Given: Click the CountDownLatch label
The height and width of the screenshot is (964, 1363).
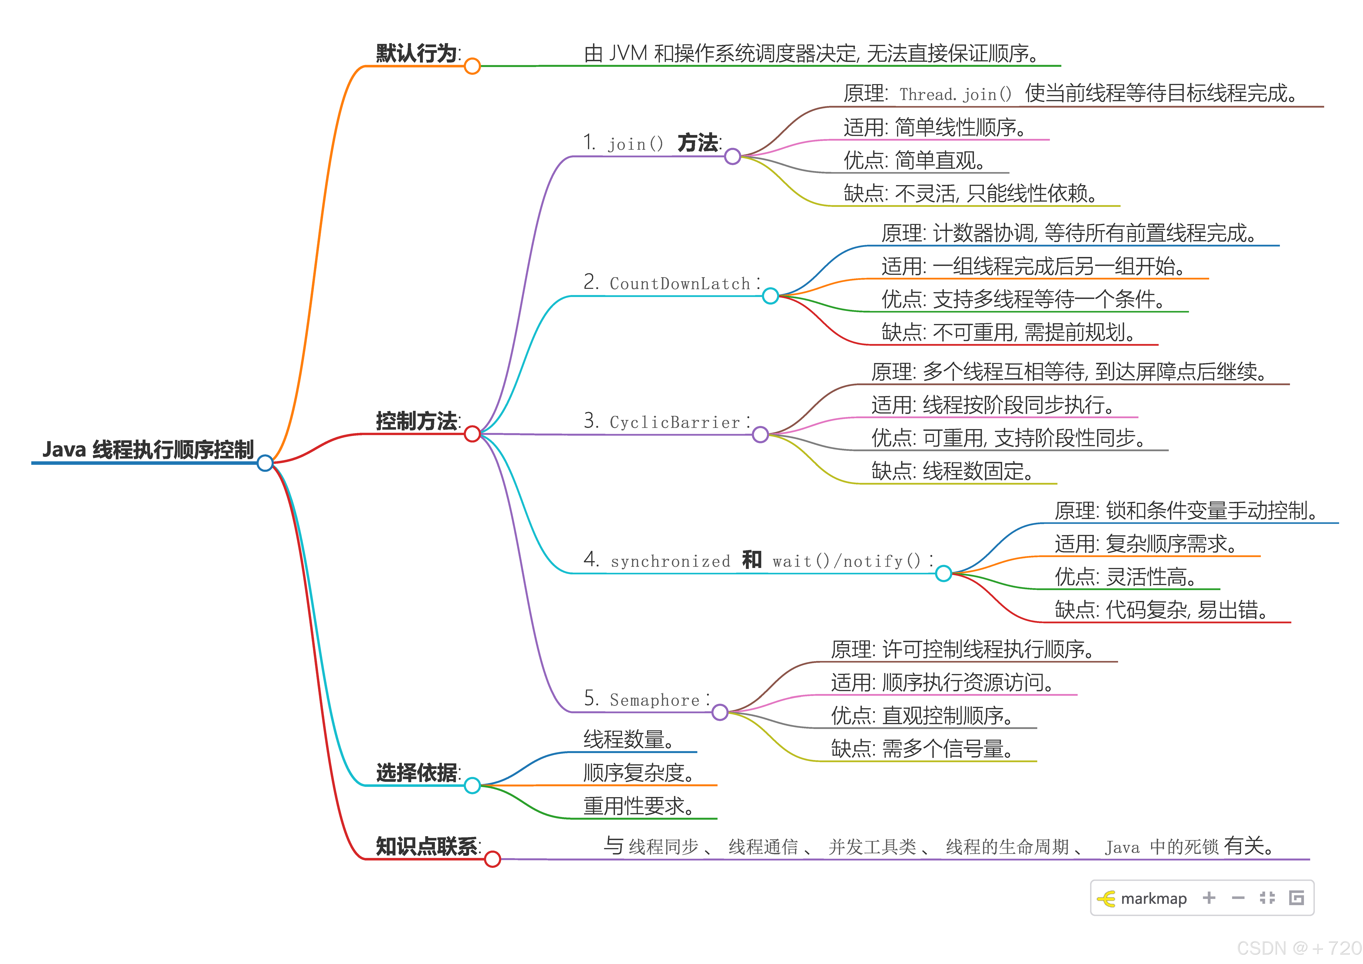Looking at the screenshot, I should point(680,284).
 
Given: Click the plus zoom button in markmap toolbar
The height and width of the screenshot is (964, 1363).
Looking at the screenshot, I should point(1209,898).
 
